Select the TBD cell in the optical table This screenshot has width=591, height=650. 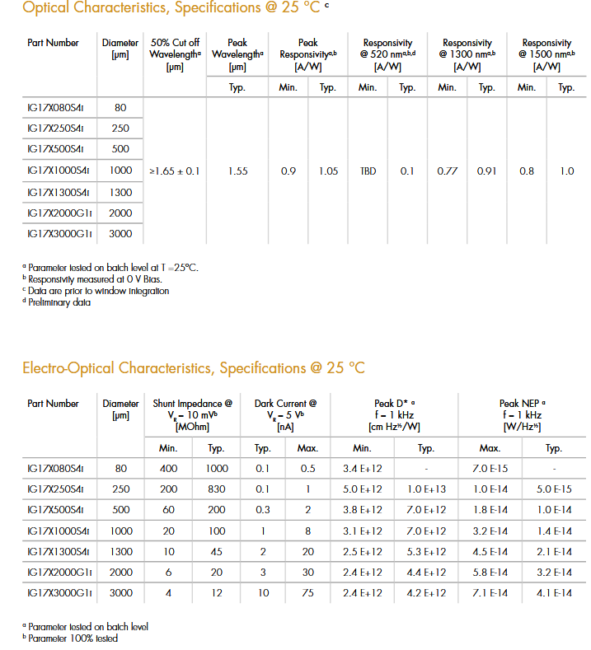(x=368, y=171)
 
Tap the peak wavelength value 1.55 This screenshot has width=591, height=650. (x=237, y=171)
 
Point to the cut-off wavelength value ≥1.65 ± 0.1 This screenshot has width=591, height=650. (x=174, y=171)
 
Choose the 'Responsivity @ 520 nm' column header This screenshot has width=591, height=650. (x=387, y=54)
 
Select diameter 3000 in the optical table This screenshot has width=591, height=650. (x=120, y=234)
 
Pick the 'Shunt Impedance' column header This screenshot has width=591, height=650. (x=193, y=415)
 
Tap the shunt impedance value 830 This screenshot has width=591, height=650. (x=218, y=489)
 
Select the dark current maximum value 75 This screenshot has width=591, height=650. (x=307, y=592)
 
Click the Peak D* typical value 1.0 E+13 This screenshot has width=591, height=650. (x=426, y=489)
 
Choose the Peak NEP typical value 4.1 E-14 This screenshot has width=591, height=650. (x=554, y=592)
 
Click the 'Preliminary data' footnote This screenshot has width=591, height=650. (x=59, y=302)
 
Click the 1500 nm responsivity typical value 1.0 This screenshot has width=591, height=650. (x=566, y=171)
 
